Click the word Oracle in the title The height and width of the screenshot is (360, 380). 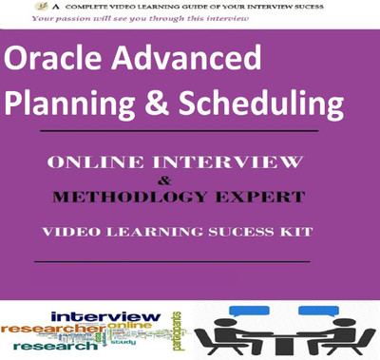[x=51, y=61]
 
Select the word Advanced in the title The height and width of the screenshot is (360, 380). [x=180, y=61]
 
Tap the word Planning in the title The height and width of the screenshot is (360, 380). [x=72, y=100]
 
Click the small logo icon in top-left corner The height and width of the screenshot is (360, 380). [x=17, y=7]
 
